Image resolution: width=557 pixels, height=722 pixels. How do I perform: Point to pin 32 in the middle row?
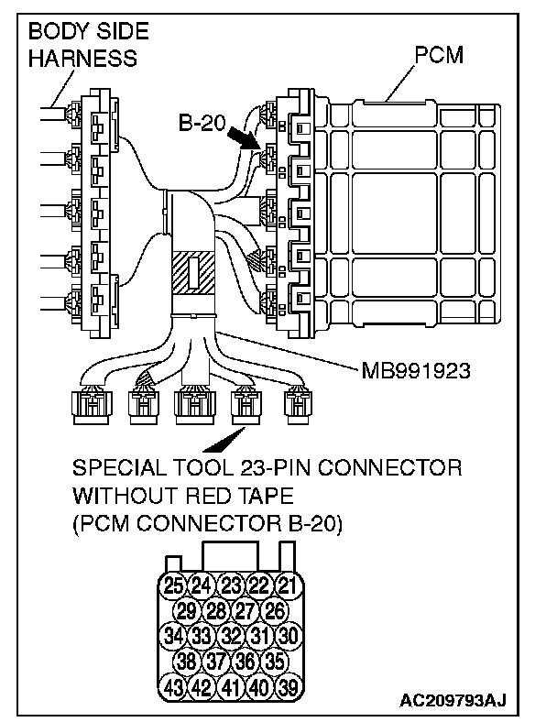[x=230, y=634]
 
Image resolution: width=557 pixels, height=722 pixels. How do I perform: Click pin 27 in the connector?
[x=244, y=609]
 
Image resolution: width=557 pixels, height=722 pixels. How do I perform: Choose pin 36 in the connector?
[x=244, y=659]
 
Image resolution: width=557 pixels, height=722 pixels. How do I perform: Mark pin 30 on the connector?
[x=288, y=634]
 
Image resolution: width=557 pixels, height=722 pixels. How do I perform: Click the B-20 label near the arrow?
[x=203, y=123]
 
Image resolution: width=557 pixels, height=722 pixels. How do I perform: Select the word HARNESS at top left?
[x=82, y=59]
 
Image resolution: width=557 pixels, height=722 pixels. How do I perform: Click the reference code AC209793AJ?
[x=453, y=702]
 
